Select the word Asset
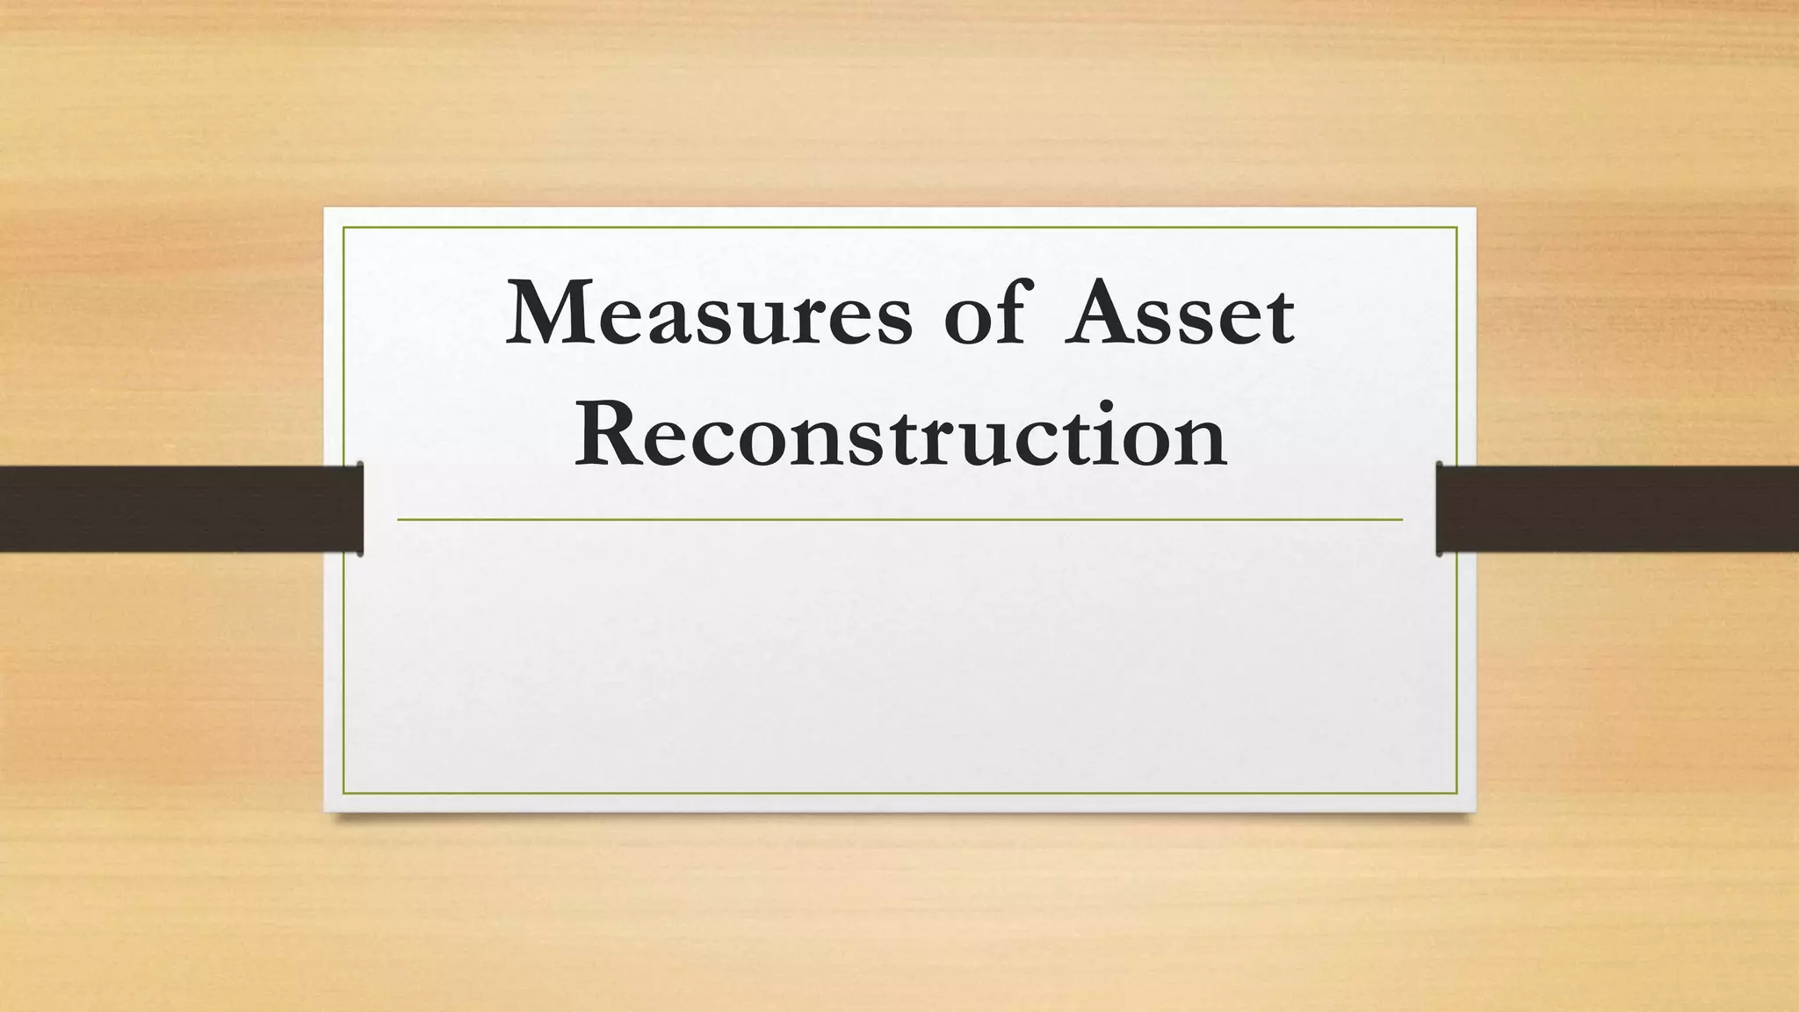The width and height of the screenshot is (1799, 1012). click(x=1179, y=314)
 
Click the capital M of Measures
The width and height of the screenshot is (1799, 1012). click(x=550, y=313)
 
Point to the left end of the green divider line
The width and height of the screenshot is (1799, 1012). click(x=399, y=520)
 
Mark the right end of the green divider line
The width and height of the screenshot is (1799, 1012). click(x=1401, y=520)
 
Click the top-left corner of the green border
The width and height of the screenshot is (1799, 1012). click(x=343, y=228)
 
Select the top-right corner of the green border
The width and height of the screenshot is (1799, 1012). click(x=1456, y=228)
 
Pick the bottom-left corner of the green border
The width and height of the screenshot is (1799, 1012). click(x=343, y=793)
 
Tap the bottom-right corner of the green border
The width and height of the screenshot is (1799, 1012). click(x=1456, y=793)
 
